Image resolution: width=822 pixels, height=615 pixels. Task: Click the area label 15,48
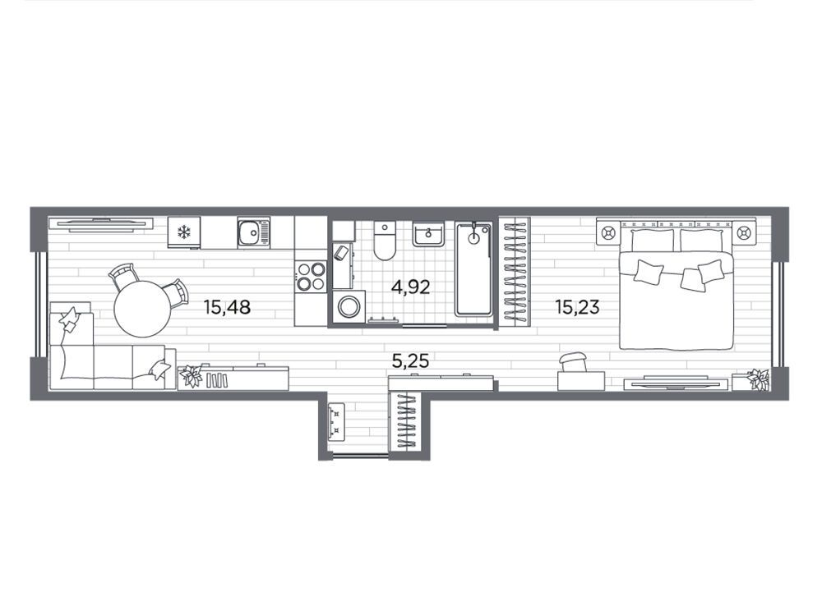(227, 306)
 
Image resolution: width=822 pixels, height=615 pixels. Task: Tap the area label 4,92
(410, 287)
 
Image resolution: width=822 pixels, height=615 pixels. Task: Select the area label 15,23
(577, 306)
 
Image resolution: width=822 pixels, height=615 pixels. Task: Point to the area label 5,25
(410, 360)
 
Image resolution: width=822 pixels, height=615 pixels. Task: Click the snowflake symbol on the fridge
(183, 232)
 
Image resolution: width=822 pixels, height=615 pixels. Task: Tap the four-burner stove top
(311, 277)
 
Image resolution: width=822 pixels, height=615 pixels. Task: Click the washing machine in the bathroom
(348, 307)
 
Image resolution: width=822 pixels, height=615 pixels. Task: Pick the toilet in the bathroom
(385, 241)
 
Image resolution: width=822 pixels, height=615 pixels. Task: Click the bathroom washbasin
(428, 234)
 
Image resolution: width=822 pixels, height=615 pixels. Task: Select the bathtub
(474, 269)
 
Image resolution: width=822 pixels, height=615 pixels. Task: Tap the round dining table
(142, 309)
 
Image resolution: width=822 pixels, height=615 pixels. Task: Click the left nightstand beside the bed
(608, 232)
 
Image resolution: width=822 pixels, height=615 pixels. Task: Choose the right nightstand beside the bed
(745, 232)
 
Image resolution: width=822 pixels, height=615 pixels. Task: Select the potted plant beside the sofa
(190, 377)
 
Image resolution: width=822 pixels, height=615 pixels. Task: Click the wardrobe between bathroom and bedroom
(515, 272)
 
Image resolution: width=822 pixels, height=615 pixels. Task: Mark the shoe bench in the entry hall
(336, 422)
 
